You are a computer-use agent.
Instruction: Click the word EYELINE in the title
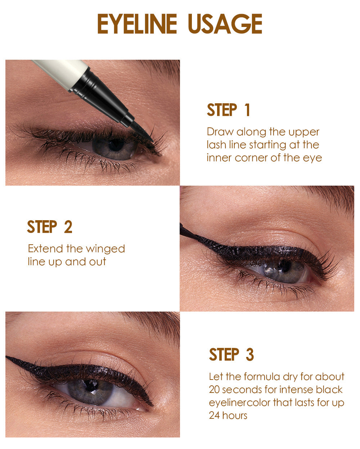click(137, 24)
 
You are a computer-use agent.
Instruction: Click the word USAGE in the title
click(225, 24)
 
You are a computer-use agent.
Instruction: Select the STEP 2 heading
click(50, 227)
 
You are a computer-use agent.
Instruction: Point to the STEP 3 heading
click(231, 355)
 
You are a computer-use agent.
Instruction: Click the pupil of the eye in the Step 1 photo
click(116, 145)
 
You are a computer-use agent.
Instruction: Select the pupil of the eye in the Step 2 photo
click(285, 266)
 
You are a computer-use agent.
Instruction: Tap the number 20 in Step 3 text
click(215, 390)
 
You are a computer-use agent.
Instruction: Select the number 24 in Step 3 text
click(215, 416)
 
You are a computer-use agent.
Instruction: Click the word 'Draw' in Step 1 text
click(220, 132)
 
